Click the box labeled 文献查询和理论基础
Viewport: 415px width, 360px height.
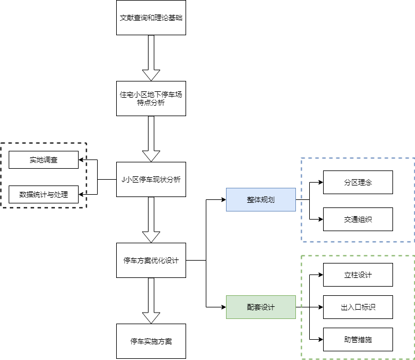click(x=151, y=18)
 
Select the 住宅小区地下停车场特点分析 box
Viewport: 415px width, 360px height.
click(x=151, y=98)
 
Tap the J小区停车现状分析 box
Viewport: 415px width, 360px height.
click(x=151, y=179)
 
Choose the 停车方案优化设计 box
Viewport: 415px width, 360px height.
click(x=151, y=260)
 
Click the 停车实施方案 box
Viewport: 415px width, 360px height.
click(x=151, y=341)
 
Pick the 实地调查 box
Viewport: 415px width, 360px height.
click(x=43, y=159)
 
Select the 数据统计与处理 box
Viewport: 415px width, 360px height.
click(x=43, y=194)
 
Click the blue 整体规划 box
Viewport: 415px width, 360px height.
click(x=261, y=199)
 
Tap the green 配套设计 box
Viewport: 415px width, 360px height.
click(x=261, y=307)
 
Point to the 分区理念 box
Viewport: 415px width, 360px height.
click(x=358, y=182)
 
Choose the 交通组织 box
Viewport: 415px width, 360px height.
click(x=358, y=219)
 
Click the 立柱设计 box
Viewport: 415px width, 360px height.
click(x=358, y=274)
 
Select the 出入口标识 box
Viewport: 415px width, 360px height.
click(x=358, y=307)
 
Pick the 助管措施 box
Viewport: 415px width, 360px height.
click(x=358, y=339)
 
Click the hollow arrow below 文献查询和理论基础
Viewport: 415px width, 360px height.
click(x=151, y=58)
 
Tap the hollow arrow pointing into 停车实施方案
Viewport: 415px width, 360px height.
click(x=151, y=300)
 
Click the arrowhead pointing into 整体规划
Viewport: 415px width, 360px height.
click(x=223, y=200)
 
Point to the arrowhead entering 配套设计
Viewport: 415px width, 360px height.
click(x=223, y=307)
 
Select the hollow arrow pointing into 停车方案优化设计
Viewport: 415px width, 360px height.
click(x=151, y=220)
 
